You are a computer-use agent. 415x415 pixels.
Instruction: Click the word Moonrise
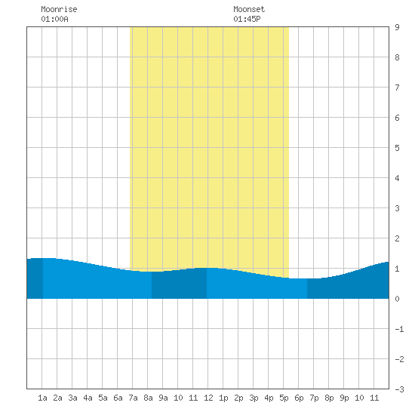click(59, 9)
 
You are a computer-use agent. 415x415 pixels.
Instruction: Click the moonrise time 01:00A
click(54, 19)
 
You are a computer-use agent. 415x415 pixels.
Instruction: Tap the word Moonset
click(249, 9)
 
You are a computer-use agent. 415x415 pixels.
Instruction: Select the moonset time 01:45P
click(247, 19)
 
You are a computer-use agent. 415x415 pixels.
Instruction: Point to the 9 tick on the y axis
click(397, 27)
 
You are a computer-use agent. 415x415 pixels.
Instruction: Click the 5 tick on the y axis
click(397, 148)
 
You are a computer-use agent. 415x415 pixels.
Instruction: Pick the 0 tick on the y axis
click(397, 299)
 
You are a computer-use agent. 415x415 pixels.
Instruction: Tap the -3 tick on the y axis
click(399, 389)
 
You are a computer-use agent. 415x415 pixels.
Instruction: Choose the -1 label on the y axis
click(399, 329)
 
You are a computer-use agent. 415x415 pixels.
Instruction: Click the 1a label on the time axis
click(42, 398)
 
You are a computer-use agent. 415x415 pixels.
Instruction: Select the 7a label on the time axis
click(133, 398)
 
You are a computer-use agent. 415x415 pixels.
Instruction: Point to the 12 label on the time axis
click(208, 398)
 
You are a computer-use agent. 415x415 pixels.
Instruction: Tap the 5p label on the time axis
click(284, 398)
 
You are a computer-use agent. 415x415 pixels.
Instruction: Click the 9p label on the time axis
click(344, 398)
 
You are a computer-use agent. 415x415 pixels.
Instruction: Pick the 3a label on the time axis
click(72, 398)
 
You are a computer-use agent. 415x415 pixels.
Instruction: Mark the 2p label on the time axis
click(238, 398)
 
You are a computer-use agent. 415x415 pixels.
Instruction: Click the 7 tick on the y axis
click(397, 88)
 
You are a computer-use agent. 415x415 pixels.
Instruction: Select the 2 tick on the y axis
click(397, 238)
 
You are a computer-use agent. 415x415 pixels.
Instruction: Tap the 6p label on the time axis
click(299, 398)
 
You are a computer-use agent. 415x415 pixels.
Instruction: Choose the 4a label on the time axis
click(88, 398)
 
